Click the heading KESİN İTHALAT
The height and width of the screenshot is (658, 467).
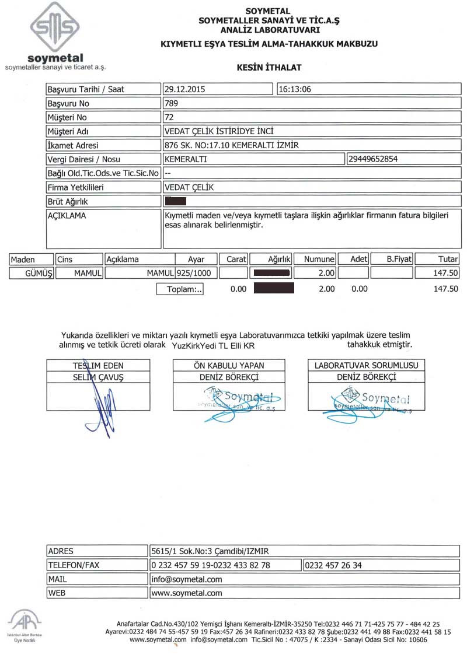point(269,68)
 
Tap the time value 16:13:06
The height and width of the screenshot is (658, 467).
point(295,90)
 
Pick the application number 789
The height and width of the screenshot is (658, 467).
point(172,103)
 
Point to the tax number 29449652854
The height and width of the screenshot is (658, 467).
point(374,159)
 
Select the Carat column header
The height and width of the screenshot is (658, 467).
point(236,259)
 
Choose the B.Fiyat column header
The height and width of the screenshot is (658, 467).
point(399,259)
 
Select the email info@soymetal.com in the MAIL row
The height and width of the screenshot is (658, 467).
point(187,579)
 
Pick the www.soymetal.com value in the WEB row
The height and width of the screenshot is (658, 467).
point(187,593)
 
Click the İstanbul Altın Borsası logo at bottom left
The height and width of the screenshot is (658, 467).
point(22,624)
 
